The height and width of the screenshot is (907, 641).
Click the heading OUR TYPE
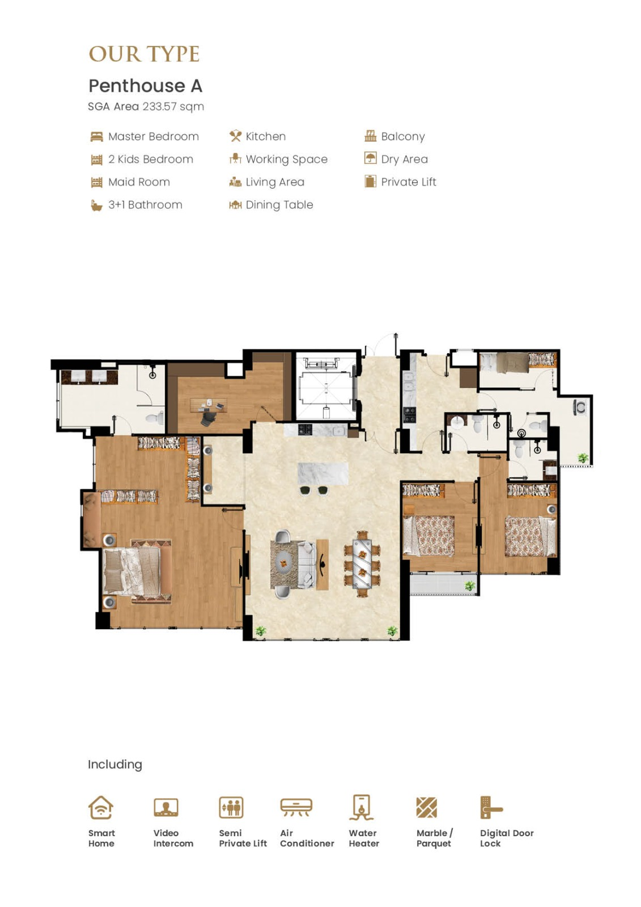(x=144, y=54)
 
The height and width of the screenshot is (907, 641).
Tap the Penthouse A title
(x=145, y=86)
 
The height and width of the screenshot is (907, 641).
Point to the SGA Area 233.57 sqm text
(x=146, y=107)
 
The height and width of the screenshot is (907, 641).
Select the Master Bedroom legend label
(x=154, y=137)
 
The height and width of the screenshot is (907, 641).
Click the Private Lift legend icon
(x=370, y=181)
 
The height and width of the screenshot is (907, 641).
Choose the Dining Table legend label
(x=279, y=205)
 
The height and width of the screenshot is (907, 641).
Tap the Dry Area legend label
(x=405, y=159)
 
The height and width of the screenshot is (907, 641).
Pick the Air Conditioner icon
(x=296, y=807)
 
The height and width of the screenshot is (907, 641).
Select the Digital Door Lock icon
(x=491, y=807)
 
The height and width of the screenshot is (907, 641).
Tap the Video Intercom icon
(x=165, y=807)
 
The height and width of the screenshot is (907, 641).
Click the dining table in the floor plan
(x=362, y=563)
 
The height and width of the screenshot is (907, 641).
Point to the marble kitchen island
(x=322, y=474)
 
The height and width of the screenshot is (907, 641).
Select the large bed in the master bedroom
(x=137, y=571)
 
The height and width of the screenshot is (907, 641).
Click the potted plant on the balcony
(x=470, y=586)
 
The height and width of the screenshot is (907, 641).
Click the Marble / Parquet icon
(x=426, y=807)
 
